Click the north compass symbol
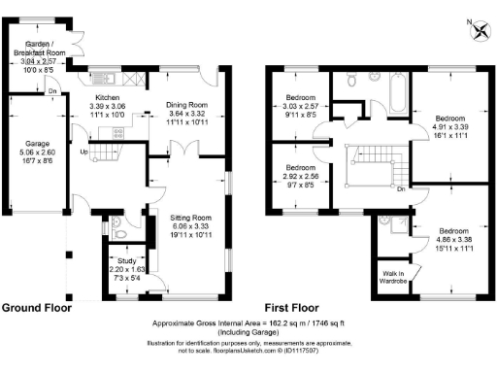click(479, 30)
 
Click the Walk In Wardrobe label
click(393, 278)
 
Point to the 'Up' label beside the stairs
click(85, 153)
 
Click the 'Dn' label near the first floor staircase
click(401, 190)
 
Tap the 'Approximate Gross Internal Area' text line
click(248, 322)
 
